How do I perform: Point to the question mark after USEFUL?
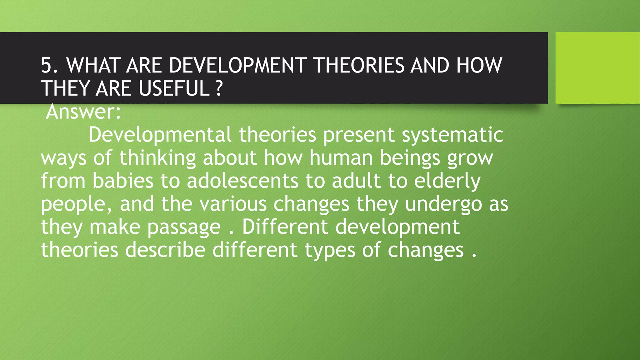tap(219, 88)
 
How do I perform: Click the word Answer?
tap(83, 112)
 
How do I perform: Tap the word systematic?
tap(452, 135)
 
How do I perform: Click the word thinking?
tap(157, 158)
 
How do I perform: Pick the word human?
tap(341, 158)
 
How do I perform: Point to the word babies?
tap(123, 181)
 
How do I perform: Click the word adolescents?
tap(243, 181)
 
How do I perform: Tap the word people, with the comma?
tap(77, 204)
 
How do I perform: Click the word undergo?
tap(443, 204)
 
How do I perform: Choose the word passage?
tap(184, 227)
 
